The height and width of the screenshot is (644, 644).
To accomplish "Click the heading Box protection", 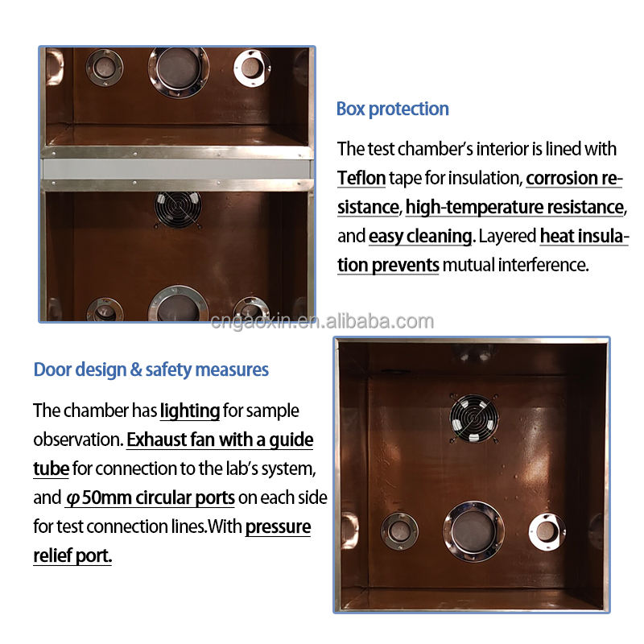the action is coord(392,109).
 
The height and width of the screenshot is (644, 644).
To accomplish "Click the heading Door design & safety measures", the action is coord(151,369).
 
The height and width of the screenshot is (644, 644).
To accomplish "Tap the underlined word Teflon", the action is coord(361,178).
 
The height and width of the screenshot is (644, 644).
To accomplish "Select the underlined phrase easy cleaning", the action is coord(420,237).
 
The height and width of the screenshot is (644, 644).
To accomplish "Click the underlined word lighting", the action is coord(190,411).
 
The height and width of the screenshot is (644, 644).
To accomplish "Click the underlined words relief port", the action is coord(72,555).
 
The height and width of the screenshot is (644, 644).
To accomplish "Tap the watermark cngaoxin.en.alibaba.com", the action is coord(322,321).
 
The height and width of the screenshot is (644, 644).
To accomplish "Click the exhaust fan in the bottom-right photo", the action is coord(474,418).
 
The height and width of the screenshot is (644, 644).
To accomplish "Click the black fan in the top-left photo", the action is coord(178,209).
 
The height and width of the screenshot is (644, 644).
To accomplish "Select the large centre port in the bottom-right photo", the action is coord(473,531).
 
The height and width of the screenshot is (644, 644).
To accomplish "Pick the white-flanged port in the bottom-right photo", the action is coord(547,532).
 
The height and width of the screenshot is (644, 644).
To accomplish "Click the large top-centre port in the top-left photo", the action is coord(178,72).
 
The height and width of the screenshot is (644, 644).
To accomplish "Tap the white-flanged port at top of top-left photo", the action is coord(252,68).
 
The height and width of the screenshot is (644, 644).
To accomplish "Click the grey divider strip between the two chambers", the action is coord(176,169).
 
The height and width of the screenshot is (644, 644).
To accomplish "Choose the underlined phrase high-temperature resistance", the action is coord(514,208).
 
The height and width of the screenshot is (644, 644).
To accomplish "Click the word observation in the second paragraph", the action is coord(78,440).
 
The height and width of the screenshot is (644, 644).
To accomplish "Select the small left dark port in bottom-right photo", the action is coord(399,531).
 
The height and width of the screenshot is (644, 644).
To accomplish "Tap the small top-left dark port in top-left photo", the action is coord(105,68).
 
